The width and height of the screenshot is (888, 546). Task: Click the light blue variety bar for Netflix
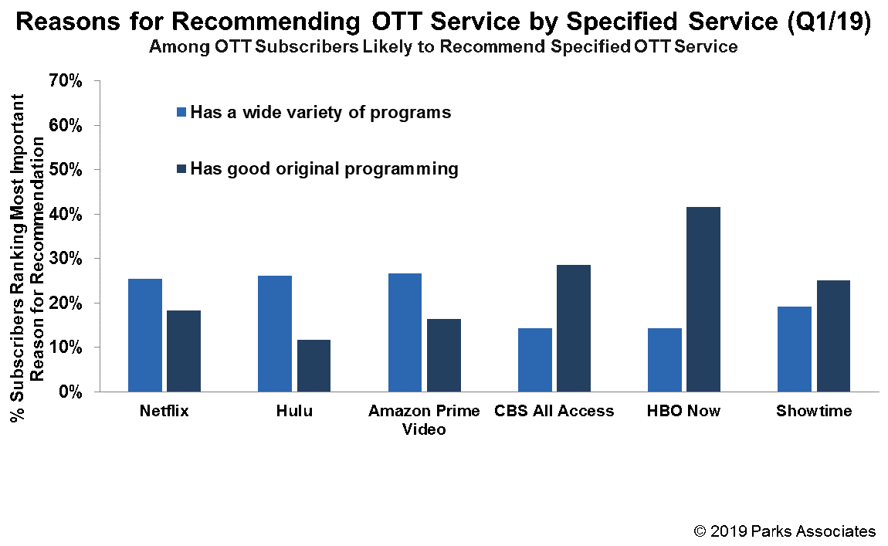pos(145,335)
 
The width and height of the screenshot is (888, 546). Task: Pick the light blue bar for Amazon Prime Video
pos(405,333)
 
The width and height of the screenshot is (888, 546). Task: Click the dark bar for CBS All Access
pos(572,328)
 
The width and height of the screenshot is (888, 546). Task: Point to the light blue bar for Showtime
pos(795,349)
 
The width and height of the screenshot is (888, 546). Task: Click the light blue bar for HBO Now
pos(664,360)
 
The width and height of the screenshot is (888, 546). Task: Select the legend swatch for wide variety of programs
pos(182,112)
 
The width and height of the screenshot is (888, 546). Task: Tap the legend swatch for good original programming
pos(182,168)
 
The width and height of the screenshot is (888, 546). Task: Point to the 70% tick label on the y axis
pos(66,80)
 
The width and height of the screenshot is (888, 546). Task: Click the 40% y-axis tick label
pos(66,214)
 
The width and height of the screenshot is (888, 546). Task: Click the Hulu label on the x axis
pos(294,411)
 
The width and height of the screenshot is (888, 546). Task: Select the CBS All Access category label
pos(554,411)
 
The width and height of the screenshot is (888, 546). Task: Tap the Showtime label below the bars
pos(814,411)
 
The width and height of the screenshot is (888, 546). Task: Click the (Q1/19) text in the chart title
pos(830,22)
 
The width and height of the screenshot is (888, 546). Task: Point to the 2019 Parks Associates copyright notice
pos(785,531)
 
